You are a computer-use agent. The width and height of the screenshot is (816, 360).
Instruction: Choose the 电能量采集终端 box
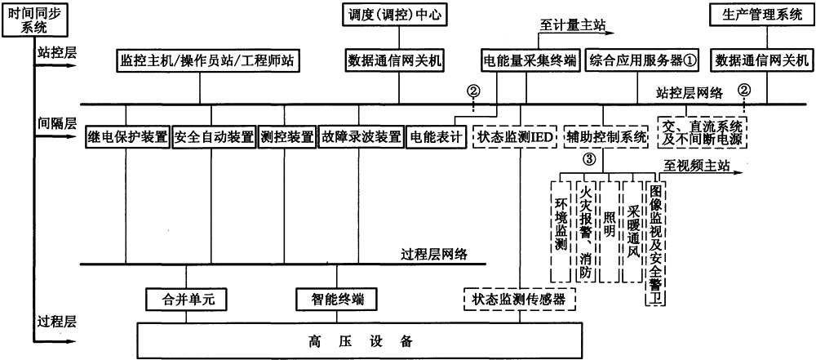(x=526, y=60)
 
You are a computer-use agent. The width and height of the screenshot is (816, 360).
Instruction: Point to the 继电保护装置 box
(x=127, y=137)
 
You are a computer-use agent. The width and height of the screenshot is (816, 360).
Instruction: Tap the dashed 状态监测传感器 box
(x=518, y=300)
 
